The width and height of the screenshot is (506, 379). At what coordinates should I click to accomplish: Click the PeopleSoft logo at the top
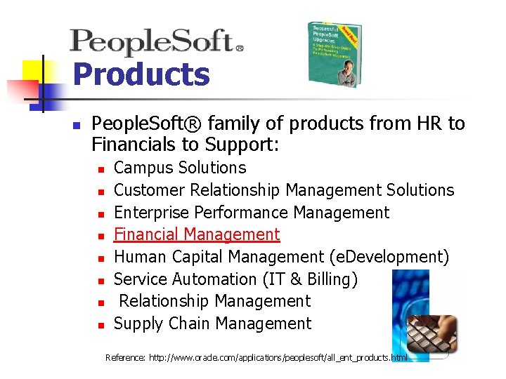[x=156, y=42]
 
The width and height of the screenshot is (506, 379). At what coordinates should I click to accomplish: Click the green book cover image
[x=335, y=55]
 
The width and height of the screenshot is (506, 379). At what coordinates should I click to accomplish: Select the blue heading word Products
[x=141, y=74]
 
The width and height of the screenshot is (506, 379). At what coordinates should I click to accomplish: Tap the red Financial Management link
[x=197, y=234]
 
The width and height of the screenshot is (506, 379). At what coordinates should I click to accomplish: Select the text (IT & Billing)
[x=310, y=279]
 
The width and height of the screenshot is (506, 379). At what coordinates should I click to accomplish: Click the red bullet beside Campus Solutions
[x=101, y=169]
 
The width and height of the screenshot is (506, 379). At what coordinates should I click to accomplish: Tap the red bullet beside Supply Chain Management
[x=101, y=325]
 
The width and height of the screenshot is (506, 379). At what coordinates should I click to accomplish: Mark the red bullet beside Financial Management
[x=101, y=236]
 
